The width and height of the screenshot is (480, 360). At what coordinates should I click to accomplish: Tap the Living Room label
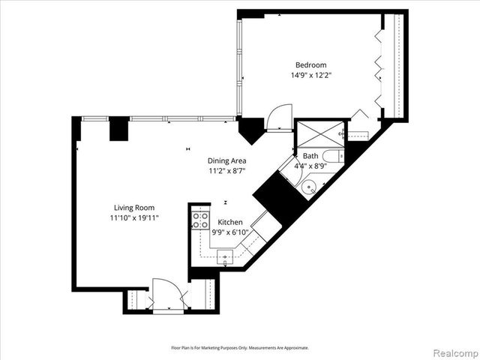[134, 208]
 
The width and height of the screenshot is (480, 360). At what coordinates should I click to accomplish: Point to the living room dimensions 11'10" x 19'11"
[134, 218]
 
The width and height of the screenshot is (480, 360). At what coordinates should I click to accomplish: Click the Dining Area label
[227, 160]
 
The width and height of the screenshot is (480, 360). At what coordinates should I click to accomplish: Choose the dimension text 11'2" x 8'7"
[227, 171]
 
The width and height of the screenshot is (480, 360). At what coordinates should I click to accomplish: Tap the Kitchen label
[230, 223]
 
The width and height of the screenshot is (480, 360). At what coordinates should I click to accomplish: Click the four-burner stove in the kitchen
[200, 220]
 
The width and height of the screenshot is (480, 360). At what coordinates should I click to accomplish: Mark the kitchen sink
[225, 256]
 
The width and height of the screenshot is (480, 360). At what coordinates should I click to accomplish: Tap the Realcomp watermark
[453, 352]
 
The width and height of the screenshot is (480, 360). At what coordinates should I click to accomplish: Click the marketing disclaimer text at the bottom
[240, 348]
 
